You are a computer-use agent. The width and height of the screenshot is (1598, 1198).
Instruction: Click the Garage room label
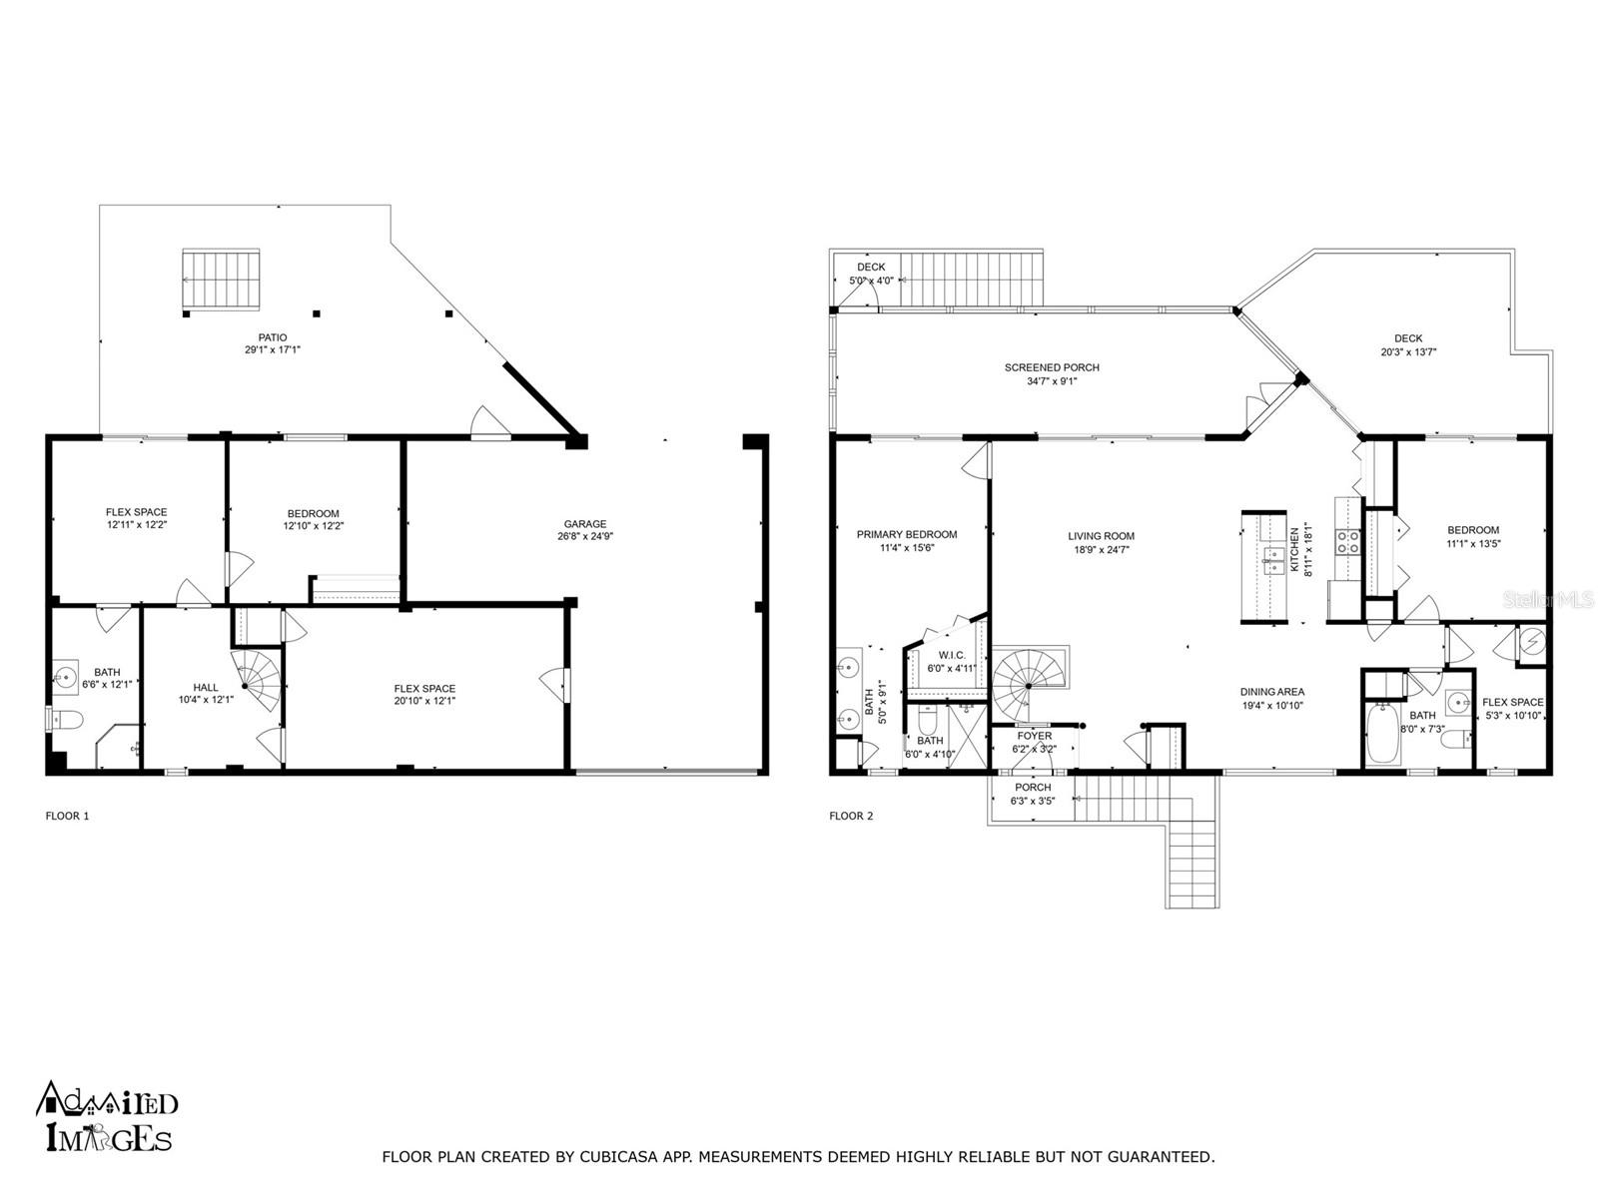coord(584,524)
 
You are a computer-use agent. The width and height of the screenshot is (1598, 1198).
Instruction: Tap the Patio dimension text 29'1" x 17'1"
coord(273,349)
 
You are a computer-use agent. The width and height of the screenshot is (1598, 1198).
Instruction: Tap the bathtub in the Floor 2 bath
coord(1382,733)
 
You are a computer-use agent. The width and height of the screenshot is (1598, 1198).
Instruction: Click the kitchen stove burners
coord(1347,543)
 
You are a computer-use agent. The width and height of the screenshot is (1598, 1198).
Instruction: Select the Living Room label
coord(1101,536)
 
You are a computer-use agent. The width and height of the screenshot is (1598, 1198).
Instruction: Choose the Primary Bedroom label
coord(907,535)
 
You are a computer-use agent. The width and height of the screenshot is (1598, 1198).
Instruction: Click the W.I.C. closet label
coord(952,655)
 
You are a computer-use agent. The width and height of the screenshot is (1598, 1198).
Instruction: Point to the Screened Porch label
coord(1052,368)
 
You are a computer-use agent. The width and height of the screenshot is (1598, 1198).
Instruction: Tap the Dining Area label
coord(1271,693)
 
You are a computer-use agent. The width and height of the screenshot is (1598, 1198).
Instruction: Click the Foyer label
coord(1034,736)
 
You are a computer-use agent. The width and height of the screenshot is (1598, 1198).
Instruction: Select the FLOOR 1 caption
coord(67,816)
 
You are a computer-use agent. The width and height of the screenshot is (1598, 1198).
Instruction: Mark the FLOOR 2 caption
coord(851,816)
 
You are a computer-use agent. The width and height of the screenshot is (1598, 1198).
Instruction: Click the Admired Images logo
coord(106,1116)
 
